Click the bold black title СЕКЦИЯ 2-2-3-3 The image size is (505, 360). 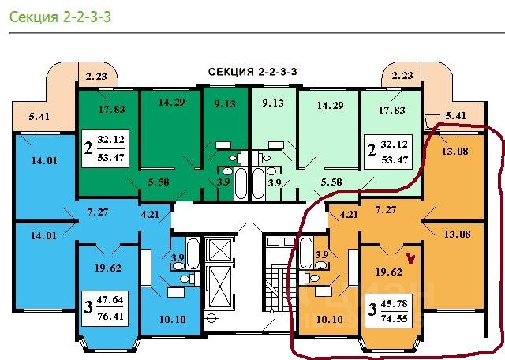257,72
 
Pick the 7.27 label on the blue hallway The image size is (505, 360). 99,212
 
